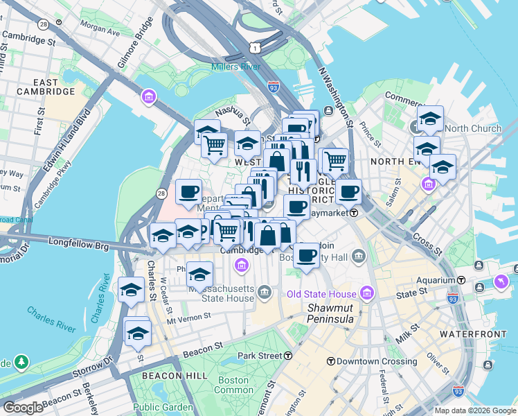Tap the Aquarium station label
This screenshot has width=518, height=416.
tap(437, 279)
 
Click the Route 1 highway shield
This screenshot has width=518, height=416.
tap(256, 47)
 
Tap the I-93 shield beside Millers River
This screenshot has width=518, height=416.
tap(273, 86)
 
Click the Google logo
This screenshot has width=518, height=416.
tap(23, 407)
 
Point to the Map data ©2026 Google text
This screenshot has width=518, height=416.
tap(475, 410)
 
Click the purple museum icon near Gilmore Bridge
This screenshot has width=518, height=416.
tap(148, 96)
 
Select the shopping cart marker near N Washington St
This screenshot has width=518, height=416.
tap(335, 160)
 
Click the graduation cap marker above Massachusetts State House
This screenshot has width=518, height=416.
tap(200, 273)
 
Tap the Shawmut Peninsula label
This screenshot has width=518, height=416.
tap(330, 313)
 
